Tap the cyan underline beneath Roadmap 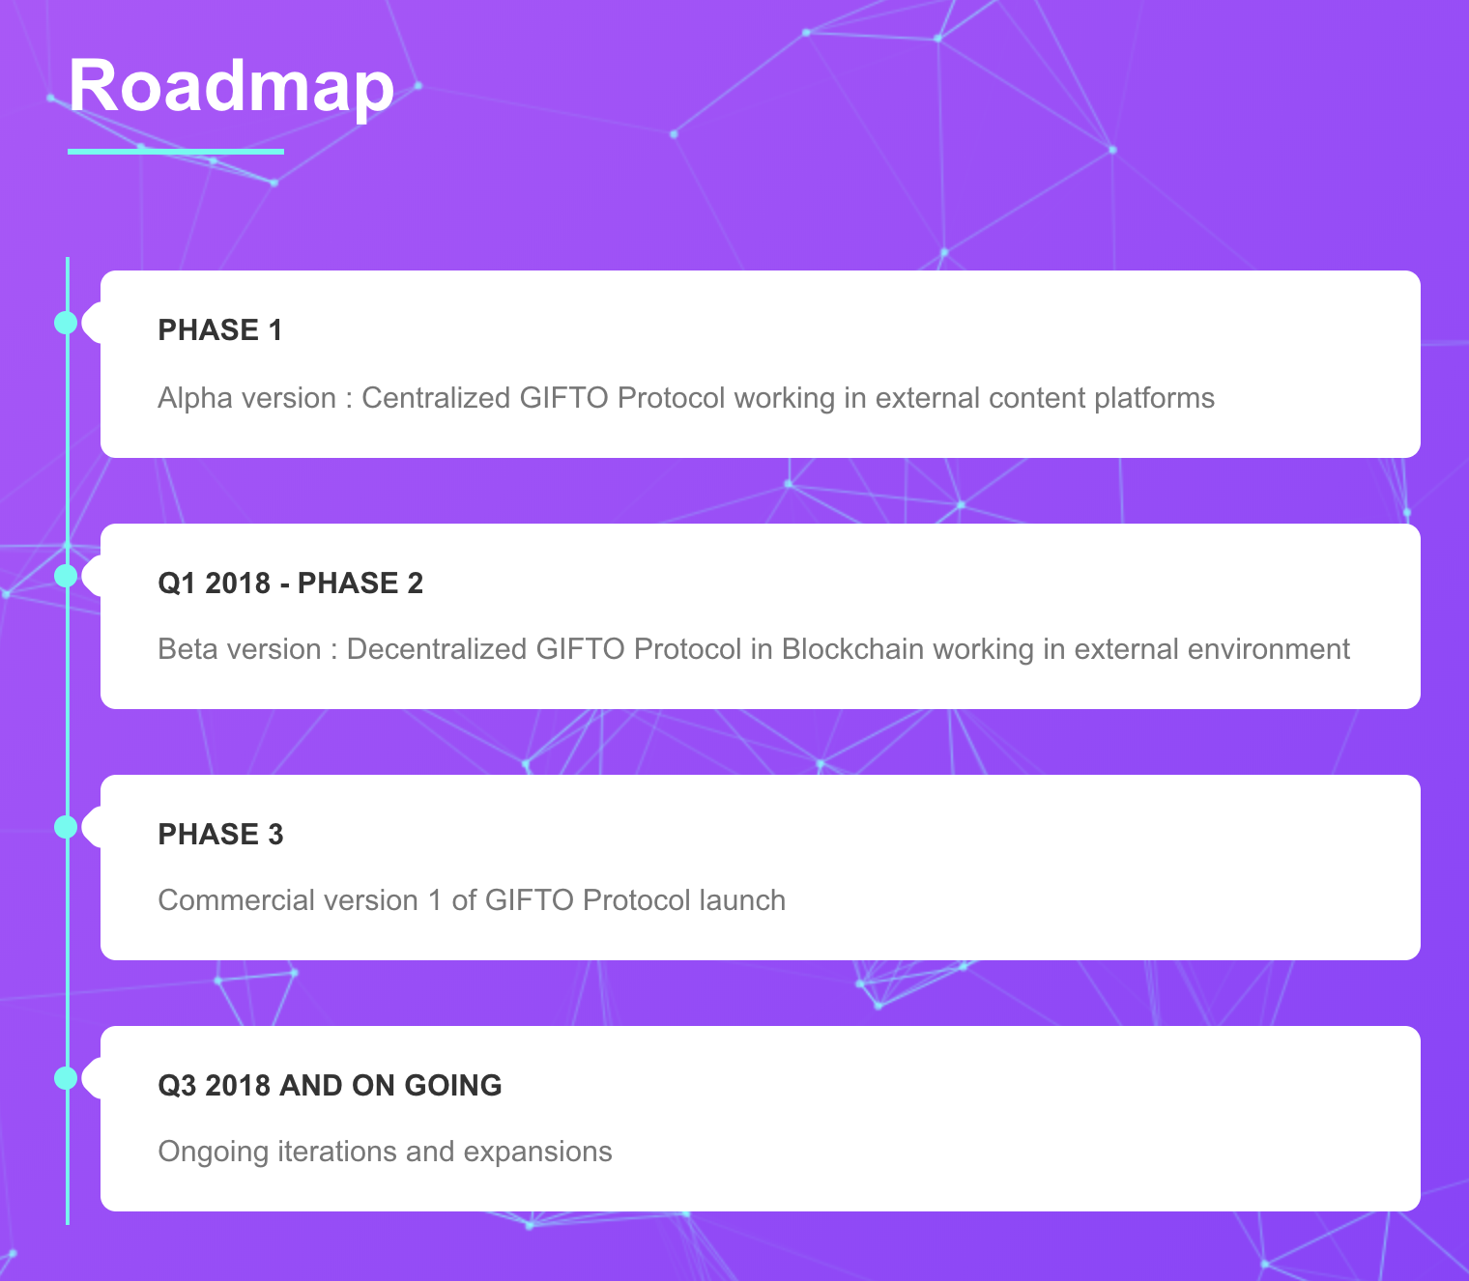[x=176, y=152]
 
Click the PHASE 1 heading [x=219, y=330]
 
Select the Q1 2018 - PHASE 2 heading [x=290, y=583]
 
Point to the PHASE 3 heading [x=220, y=834]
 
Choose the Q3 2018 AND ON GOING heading [x=330, y=1085]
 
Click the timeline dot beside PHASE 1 [x=66, y=323]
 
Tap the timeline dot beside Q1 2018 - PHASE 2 [x=66, y=576]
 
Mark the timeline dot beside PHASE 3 [x=66, y=827]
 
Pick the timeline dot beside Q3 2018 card [x=66, y=1078]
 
